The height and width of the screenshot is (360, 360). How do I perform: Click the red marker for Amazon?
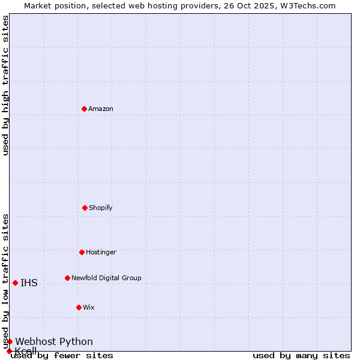tap(84, 109)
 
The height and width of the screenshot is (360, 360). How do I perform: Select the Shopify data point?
tap(85, 208)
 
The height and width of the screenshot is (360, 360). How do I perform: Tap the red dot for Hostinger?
tap(82, 252)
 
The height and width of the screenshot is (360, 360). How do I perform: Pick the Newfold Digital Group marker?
tap(67, 278)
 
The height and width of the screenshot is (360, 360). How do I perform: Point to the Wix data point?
tap(79, 307)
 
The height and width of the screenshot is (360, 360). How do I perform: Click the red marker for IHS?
tap(15, 283)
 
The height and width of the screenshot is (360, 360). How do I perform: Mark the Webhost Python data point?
tap(10, 341)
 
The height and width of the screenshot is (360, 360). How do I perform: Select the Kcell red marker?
tap(9, 351)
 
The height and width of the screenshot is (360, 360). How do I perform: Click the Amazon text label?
tap(101, 109)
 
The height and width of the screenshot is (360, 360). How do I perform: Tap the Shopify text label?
tap(101, 208)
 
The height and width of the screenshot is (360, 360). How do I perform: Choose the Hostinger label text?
tap(101, 252)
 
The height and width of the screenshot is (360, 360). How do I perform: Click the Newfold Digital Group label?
tap(106, 278)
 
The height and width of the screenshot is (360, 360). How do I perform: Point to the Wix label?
tap(89, 307)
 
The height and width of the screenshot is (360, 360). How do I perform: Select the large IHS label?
tap(29, 283)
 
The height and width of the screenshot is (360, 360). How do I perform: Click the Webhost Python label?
tap(54, 341)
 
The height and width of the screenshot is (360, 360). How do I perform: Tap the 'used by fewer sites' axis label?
tap(62, 355)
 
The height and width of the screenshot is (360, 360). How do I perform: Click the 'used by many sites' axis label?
tap(301, 355)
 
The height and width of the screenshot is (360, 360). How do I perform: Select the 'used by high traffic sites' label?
tap(5, 85)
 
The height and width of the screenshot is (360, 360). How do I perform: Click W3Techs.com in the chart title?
tap(306, 5)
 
